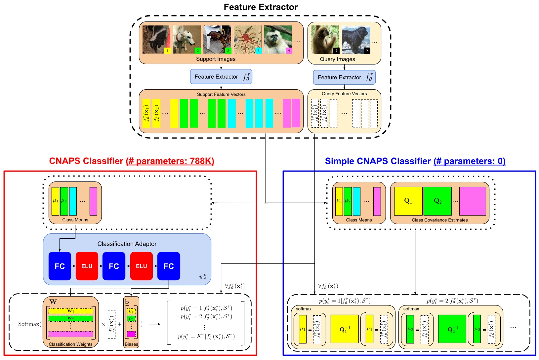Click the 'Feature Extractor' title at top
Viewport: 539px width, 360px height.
pyautogui.click(x=261, y=7)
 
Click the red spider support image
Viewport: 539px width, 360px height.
pyautogui.click(x=248, y=40)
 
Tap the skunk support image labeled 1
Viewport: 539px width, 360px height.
pyautogui.click(x=156, y=40)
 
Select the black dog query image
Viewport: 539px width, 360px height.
pyautogui.click(x=356, y=40)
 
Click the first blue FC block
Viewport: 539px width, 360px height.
pyautogui.click(x=60, y=266)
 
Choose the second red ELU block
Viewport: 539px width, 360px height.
pyautogui.click(x=142, y=266)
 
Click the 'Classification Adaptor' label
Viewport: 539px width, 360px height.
pyautogui.click(x=127, y=244)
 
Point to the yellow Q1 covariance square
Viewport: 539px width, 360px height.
pyautogui.click(x=408, y=201)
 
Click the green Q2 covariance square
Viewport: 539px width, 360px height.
pyautogui.click(x=437, y=201)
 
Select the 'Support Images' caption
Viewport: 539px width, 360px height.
pyautogui.click(x=216, y=59)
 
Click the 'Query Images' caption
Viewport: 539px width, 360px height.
pyautogui.click(x=337, y=59)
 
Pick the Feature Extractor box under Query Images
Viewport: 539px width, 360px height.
pyautogui.click(x=344, y=77)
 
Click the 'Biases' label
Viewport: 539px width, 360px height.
pyautogui.click(x=131, y=344)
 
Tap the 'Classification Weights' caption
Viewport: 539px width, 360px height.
pyautogui.click(x=70, y=344)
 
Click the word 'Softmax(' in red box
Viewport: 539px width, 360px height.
pyautogui.click(x=30, y=324)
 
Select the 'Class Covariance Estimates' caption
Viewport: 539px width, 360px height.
pyautogui.click(x=439, y=220)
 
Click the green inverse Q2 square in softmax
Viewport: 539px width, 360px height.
pyautogui.click(x=452, y=329)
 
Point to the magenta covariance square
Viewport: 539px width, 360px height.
pyautogui.click(x=473, y=201)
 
